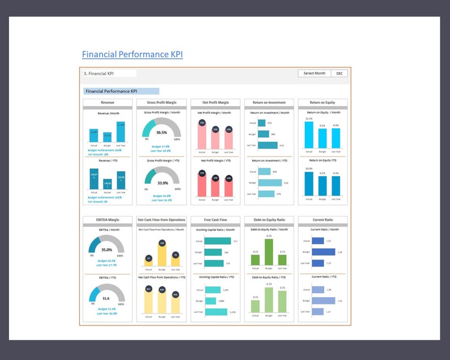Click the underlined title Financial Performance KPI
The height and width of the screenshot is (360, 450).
pyautogui.click(x=132, y=54)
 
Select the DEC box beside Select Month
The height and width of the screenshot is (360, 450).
pyautogui.click(x=339, y=73)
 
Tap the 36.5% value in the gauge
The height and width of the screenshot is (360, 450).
pyautogui.click(x=162, y=132)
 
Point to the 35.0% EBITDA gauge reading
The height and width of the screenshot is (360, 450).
pyautogui.click(x=106, y=249)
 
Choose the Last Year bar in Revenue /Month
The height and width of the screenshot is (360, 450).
pyautogui.click(x=121, y=133)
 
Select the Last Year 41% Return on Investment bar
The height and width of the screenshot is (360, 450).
pyautogui.click(x=268, y=145)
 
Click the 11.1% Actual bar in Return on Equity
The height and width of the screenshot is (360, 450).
pyautogui.click(x=309, y=135)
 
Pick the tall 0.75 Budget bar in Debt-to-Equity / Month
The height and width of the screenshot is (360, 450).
pyautogui.click(x=269, y=252)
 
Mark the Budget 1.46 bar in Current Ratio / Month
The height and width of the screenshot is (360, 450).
pyautogui.click(x=324, y=252)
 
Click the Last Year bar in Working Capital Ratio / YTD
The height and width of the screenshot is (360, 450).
pyautogui.click(x=216, y=312)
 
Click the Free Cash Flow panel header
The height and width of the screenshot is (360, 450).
pyautogui.click(x=215, y=219)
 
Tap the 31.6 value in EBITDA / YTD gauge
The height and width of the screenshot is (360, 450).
pyautogui.click(x=106, y=298)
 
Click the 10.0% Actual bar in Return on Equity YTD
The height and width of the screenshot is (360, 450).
pyautogui.click(x=309, y=183)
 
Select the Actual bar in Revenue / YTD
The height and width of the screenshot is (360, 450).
pyautogui.click(x=94, y=180)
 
